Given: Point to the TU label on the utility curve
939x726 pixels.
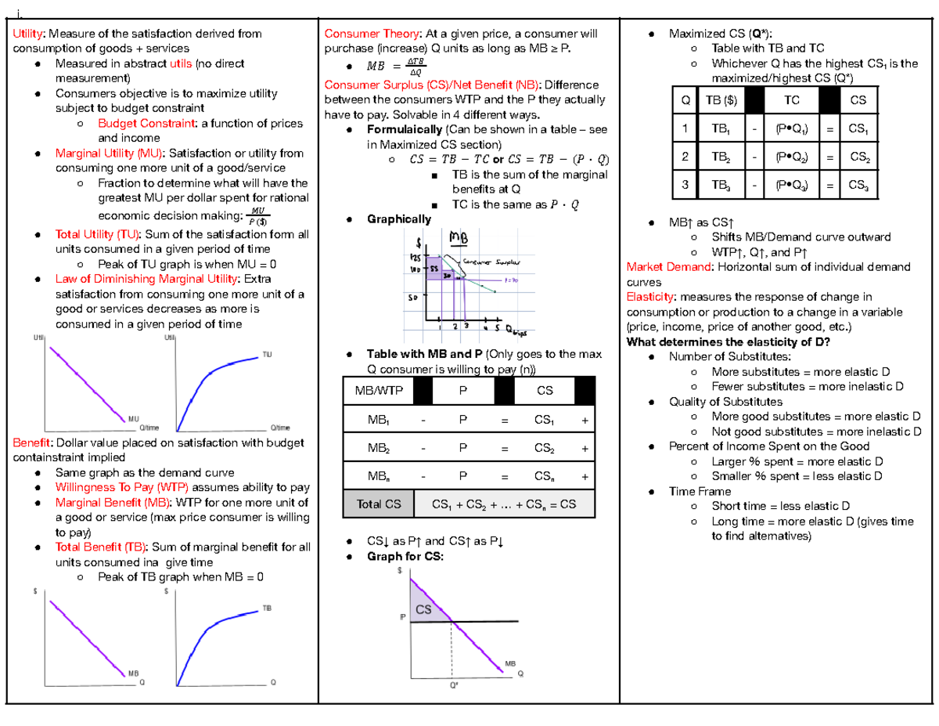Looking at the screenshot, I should coord(267,355).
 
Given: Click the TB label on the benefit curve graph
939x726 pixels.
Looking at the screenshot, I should coord(267,608).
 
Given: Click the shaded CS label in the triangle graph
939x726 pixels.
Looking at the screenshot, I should coord(423,609).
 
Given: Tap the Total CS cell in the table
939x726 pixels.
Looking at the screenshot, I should coord(378,504).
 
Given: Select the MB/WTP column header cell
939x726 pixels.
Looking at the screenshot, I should coord(378,390).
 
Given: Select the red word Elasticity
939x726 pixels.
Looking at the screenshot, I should coord(652,297).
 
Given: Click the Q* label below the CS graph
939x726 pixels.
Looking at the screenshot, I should coord(452,685).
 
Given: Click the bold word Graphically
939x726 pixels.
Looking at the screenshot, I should coord(398,219).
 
